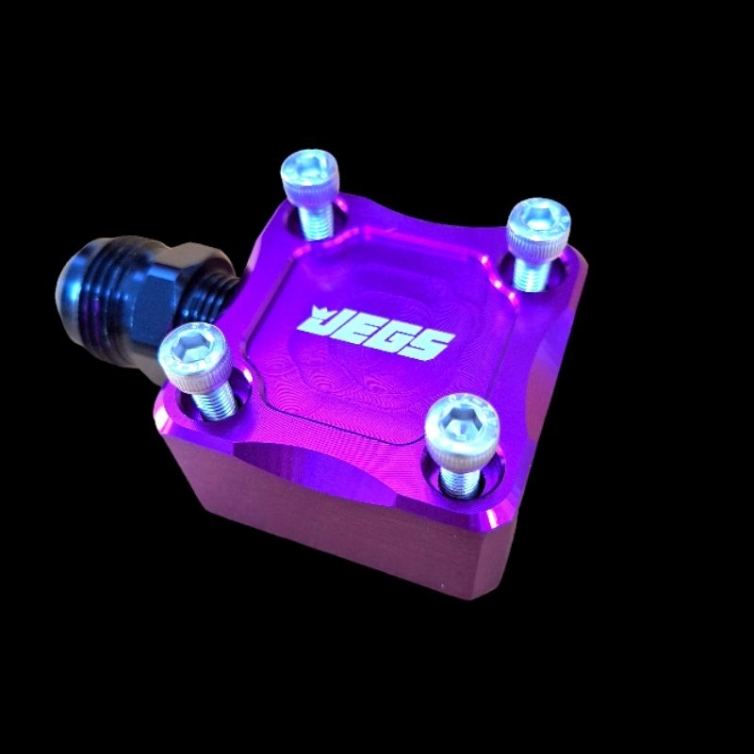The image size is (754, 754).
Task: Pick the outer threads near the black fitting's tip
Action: click(x=104, y=288)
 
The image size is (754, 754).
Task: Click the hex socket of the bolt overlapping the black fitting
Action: click(x=189, y=345)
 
